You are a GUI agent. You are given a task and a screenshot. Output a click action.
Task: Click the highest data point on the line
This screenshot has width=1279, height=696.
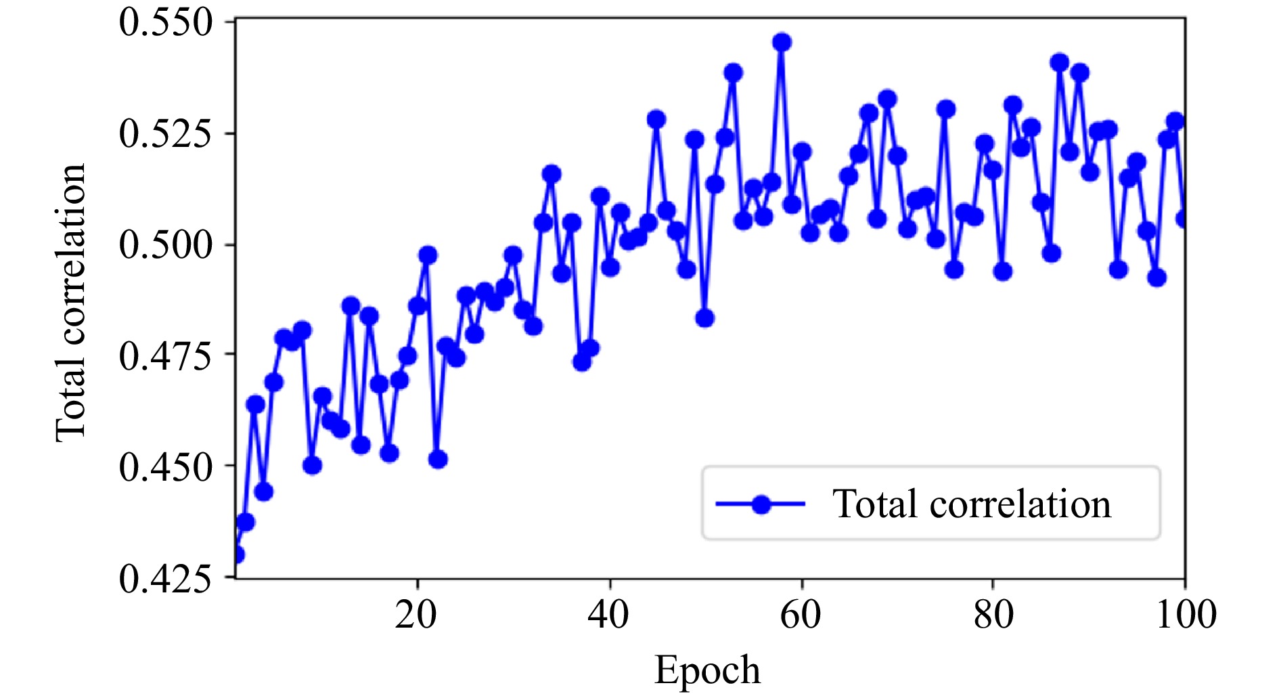coord(782,42)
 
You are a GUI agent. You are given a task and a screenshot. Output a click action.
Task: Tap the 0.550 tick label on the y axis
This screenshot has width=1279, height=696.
coord(166,22)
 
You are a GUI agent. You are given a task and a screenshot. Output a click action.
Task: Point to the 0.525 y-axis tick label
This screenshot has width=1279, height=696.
coord(166,133)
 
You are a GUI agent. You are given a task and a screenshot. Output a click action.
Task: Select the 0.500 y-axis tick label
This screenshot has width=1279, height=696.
coord(166,244)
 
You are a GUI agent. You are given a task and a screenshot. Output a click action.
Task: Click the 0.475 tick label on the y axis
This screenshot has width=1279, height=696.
coord(166,355)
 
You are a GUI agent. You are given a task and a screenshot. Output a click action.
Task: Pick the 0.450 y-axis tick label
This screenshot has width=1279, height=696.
coord(166,466)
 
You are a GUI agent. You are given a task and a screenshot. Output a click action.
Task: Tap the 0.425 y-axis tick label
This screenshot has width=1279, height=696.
coord(166,578)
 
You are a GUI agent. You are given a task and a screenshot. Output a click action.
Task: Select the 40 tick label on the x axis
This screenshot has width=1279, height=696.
coord(609,615)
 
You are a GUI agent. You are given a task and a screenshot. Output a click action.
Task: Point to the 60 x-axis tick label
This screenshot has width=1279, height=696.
coord(801,615)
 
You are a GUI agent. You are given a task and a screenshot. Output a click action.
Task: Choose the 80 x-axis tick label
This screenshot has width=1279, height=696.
coord(993,615)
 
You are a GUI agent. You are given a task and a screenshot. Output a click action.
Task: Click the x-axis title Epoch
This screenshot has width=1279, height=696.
coord(707,670)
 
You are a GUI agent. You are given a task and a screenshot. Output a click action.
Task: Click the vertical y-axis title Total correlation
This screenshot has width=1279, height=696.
coord(71,303)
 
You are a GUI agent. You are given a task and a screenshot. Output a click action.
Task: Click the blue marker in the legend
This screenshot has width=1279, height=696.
coord(761,504)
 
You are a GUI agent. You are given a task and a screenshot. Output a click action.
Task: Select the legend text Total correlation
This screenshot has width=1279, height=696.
coord(971,504)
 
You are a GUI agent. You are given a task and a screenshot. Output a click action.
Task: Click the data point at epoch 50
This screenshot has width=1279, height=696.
coord(704,318)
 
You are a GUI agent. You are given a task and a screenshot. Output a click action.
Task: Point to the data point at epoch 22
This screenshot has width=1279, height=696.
coord(438,460)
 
